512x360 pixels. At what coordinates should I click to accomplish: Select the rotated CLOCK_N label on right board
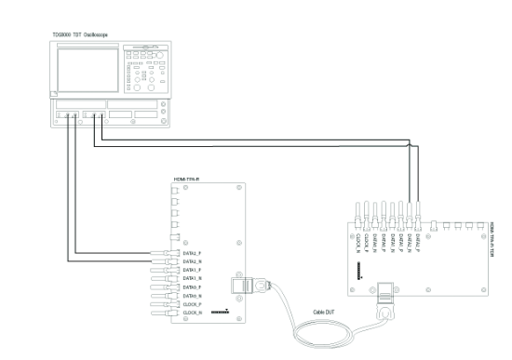click(359, 241)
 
